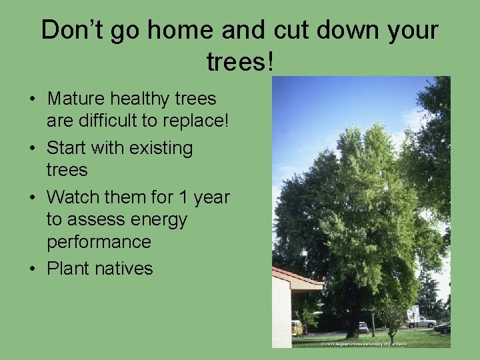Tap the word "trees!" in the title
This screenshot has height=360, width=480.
coord(240,63)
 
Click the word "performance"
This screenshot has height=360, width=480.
coord(99,241)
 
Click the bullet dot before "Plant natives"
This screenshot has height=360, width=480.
coord(33,269)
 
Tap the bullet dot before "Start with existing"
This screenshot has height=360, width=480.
coord(33,149)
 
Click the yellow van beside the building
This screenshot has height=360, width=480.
coord(297,327)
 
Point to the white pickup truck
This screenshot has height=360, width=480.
coord(421,321)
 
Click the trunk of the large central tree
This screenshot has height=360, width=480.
coord(353,320)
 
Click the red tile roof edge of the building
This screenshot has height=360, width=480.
coord(297,276)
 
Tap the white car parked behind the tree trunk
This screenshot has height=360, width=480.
coord(363,327)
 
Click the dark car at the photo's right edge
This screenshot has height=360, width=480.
coord(443,327)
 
